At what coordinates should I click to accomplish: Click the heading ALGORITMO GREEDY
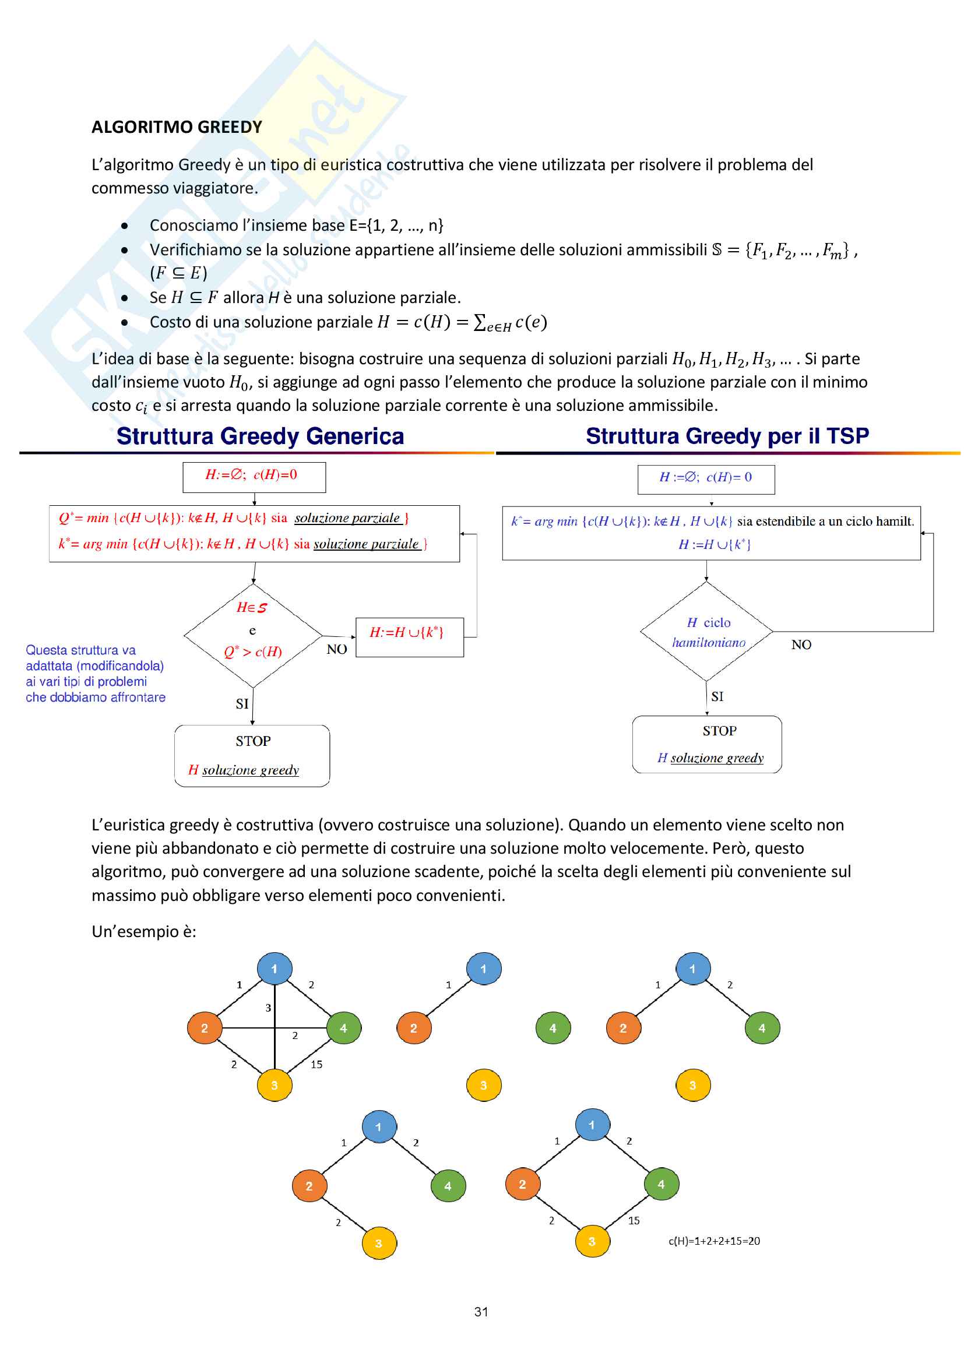coord(177,127)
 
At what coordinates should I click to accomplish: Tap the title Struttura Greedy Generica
coord(260,436)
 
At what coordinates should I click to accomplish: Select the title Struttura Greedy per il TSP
coord(727,436)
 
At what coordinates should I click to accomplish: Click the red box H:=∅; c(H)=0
coord(254,477)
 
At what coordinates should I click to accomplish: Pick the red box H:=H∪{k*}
coord(409,636)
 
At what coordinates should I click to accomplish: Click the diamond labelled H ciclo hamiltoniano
coord(707,632)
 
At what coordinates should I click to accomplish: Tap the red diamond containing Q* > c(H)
coord(253,635)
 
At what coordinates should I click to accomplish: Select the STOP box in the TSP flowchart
coord(707,744)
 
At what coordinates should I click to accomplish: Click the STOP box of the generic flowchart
coord(252,756)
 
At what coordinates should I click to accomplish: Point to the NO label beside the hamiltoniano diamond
coord(801,644)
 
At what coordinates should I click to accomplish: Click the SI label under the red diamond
coord(242,704)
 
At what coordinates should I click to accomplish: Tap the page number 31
coord(481,1312)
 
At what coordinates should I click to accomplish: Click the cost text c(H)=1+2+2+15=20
coord(714,1241)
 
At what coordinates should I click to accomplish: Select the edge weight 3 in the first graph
coord(268,1008)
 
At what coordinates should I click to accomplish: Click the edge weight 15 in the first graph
coord(316,1065)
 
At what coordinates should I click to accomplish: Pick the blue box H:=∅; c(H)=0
coord(706,479)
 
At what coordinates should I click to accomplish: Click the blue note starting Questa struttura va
coord(95,674)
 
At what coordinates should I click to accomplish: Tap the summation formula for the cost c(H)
coord(462,322)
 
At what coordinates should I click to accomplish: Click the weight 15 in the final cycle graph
coord(634,1221)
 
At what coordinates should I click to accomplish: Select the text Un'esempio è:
coord(143,931)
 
